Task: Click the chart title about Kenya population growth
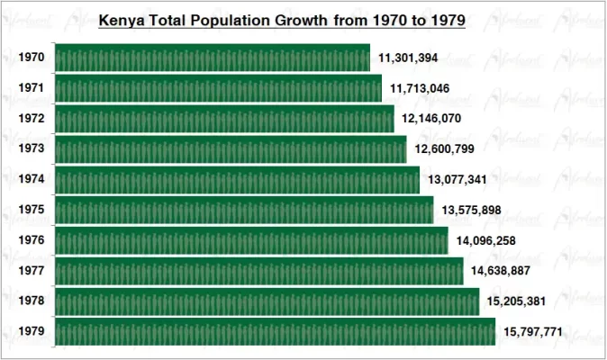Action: click(x=281, y=20)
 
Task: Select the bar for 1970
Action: click(x=213, y=58)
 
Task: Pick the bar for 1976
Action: click(x=251, y=240)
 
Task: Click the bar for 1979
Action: click(x=275, y=332)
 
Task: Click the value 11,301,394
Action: click(x=408, y=58)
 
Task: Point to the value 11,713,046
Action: click(x=420, y=88)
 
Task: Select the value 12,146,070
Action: click(x=432, y=119)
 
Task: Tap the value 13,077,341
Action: click(x=458, y=180)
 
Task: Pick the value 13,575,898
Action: click(x=471, y=211)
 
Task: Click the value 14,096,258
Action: click(x=486, y=240)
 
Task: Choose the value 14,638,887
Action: click(x=501, y=271)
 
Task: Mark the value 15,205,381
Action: click(x=517, y=301)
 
